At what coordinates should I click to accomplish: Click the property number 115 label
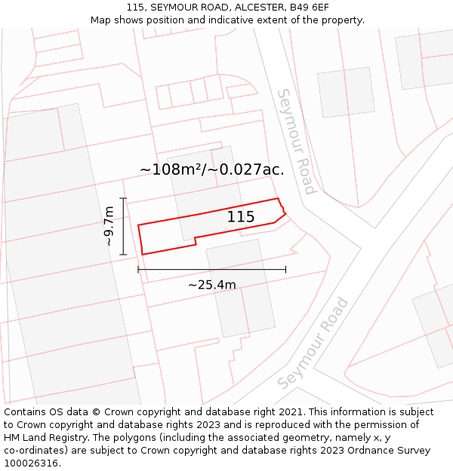pos(241,217)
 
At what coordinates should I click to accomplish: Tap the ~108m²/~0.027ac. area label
pos(212,170)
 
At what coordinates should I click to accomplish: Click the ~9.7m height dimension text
pos(109,226)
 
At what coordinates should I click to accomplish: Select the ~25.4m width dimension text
pos(212,285)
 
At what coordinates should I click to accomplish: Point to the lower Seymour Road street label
pos(313,343)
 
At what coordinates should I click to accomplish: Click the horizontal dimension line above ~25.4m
pos(211,269)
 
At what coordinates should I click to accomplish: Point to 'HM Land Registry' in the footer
pos(43,438)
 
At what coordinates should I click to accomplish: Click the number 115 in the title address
pos(136,8)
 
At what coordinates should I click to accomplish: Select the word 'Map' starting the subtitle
pos(101,20)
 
